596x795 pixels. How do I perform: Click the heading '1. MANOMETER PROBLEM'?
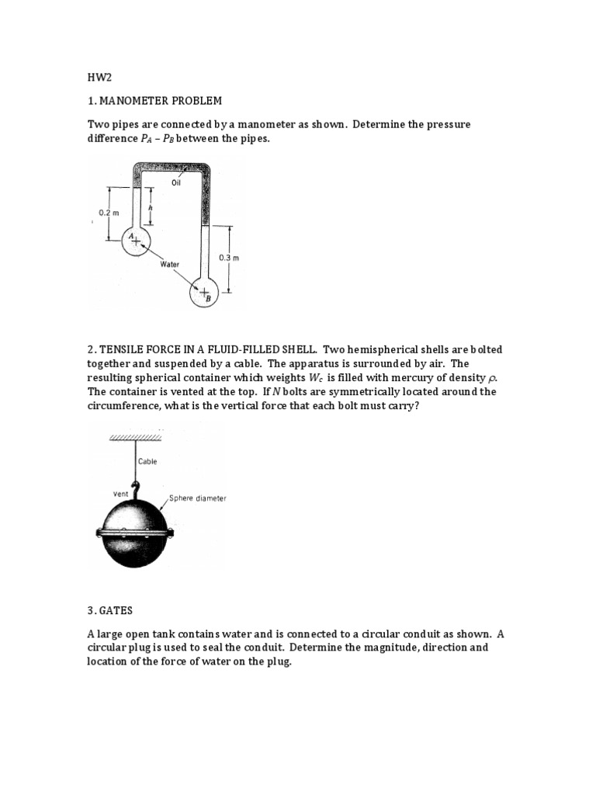(154, 101)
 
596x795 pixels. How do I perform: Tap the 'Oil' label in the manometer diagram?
(175, 183)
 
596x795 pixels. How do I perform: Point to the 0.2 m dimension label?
(107, 212)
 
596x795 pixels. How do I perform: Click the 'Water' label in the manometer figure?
(170, 265)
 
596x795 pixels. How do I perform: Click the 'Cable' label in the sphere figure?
(147, 461)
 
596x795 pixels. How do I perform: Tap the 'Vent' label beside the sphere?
(122, 493)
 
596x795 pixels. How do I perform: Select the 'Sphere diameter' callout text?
(198, 498)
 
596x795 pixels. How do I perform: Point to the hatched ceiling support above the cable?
(137, 438)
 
